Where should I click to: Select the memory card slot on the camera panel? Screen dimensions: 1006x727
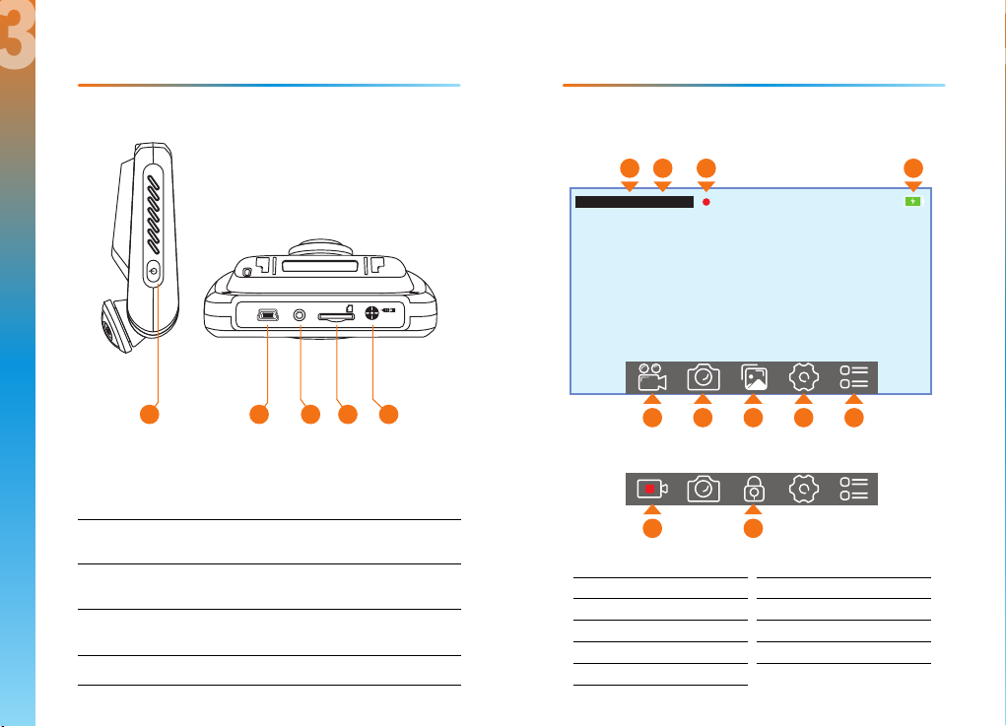(337, 316)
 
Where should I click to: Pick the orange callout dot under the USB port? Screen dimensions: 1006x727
(259, 416)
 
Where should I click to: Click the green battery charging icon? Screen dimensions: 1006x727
(913, 201)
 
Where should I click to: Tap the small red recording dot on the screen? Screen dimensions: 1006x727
(706, 202)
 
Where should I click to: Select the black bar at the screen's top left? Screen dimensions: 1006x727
(634, 202)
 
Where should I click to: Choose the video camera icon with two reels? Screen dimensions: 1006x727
(651, 377)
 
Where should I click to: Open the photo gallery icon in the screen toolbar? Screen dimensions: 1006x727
(753, 378)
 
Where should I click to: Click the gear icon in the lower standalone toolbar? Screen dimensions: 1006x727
(804, 489)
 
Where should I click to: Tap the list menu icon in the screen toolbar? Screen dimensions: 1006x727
(854, 378)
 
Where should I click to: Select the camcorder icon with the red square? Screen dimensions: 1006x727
(651, 489)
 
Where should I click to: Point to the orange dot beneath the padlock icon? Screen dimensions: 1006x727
(753, 529)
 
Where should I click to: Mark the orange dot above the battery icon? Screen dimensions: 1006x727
(913, 167)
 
